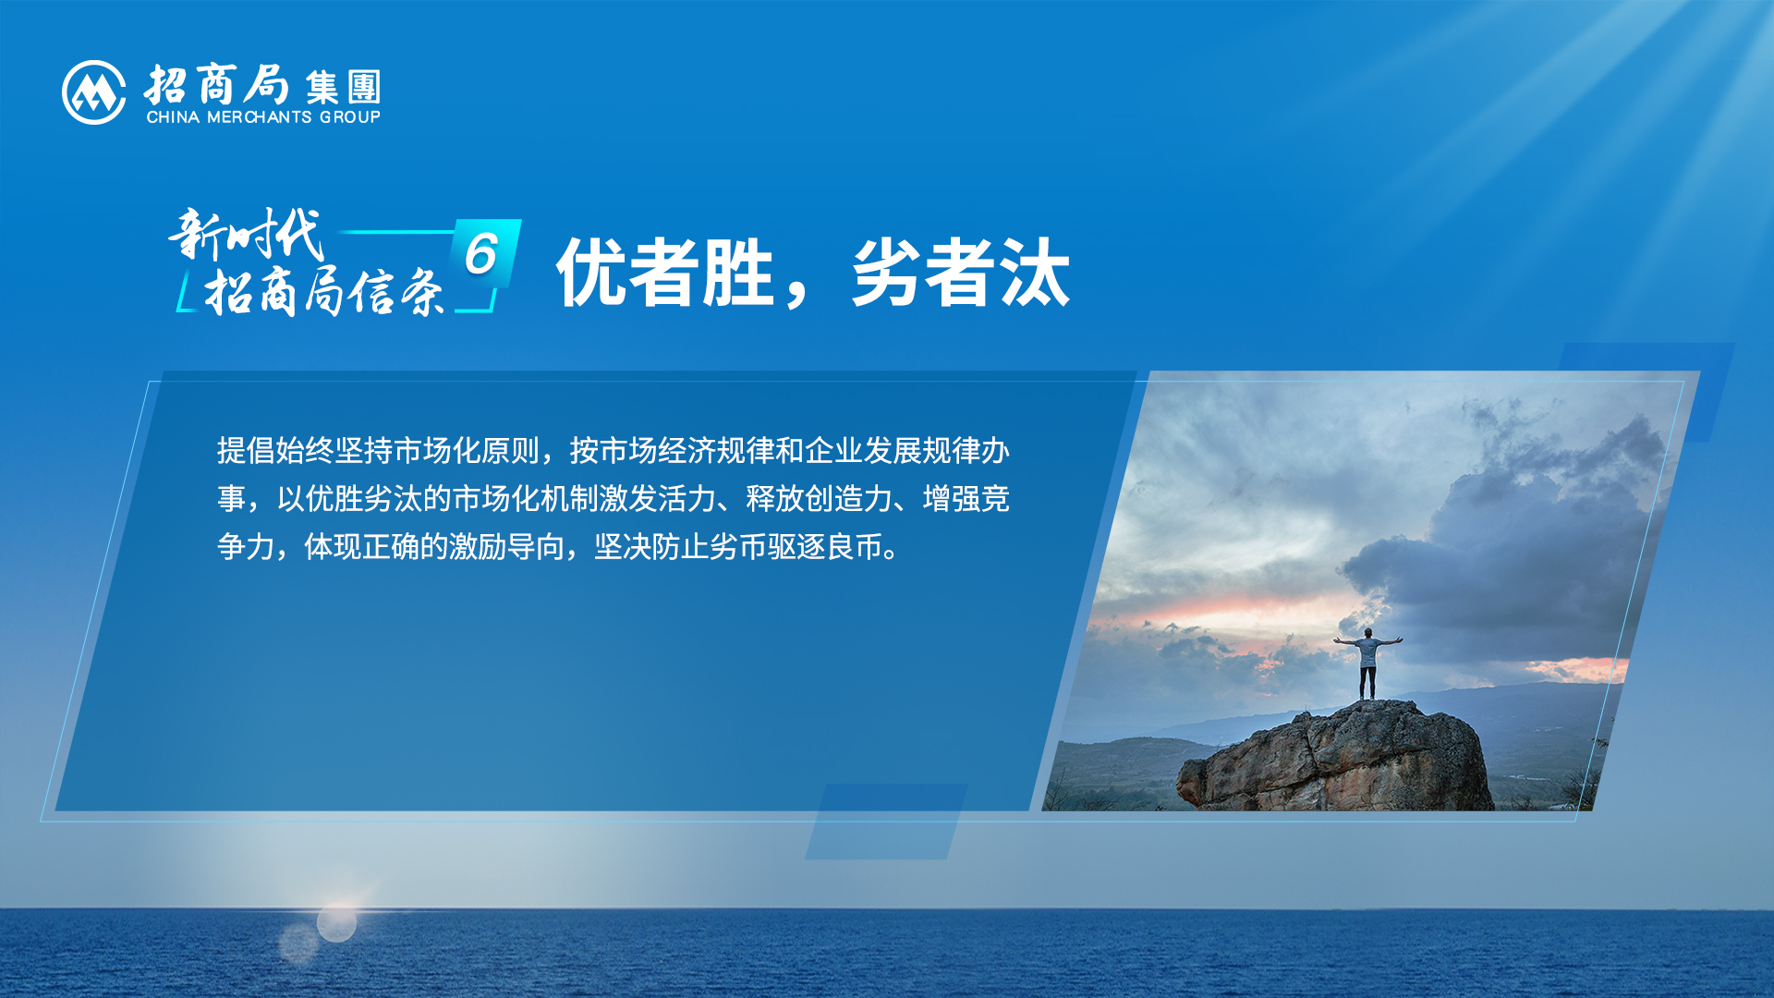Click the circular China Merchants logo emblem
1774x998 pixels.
click(x=93, y=92)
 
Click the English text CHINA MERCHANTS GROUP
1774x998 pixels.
click(x=263, y=117)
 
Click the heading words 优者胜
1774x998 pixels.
click(x=665, y=272)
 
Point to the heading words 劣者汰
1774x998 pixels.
click(x=961, y=272)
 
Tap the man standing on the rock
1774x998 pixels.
click(x=1367, y=663)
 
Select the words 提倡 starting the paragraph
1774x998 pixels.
click(x=246, y=451)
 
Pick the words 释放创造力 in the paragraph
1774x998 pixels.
click(x=819, y=499)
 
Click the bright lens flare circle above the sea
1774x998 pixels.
click(x=336, y=922)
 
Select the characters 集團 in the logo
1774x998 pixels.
click(x=343, y=88)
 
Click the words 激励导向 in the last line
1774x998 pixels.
click(x=506, y=547)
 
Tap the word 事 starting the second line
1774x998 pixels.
click(x=231, y=499)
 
